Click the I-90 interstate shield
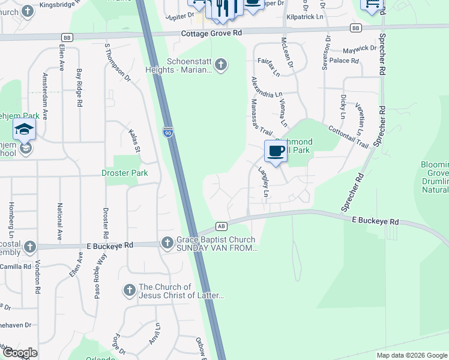point(169,131)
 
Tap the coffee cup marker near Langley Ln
point(276,151)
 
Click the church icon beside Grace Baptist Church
point(167,243)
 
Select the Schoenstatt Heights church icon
point(221,64)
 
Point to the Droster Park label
point(124,173)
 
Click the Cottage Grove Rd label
point(211,34)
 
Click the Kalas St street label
point(134,140)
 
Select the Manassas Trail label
point(262,122)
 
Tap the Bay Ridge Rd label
point(79,88)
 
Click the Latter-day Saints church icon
point(129,291)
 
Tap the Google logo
point(20,353)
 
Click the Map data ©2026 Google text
point(411,355)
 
